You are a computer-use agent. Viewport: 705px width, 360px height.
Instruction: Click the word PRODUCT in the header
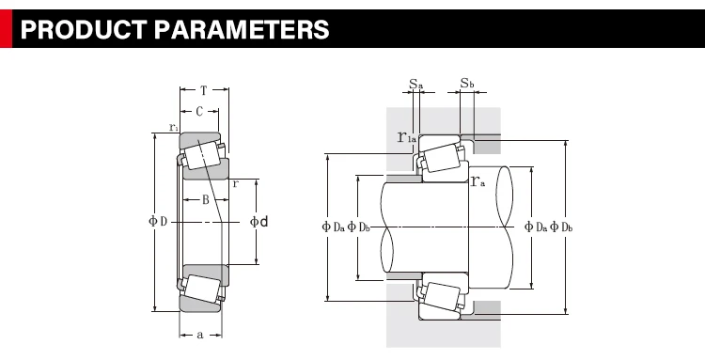pos(83,30)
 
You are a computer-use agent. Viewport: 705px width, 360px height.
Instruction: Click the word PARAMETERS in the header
pos(242,30)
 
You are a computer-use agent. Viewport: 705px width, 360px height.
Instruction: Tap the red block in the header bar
pos(6,28)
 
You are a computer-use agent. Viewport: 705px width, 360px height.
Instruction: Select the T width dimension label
pos(204,90)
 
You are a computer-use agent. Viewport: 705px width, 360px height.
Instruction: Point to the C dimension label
pos(199,112)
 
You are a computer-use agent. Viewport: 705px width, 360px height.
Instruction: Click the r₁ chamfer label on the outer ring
pos(174,127)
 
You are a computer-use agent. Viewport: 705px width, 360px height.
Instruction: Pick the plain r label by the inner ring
pos(236,184)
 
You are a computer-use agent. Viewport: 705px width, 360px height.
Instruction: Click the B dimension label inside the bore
pos(206,199)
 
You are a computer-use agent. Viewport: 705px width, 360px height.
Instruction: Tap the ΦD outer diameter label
pos(158,221)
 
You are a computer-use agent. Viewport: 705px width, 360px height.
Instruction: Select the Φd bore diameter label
pos(259,221)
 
